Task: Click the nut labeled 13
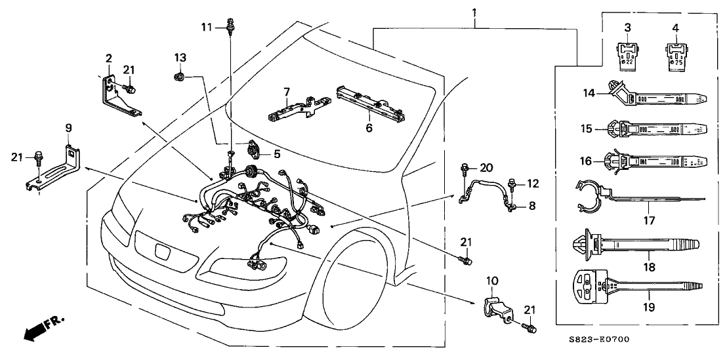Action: (178, 77)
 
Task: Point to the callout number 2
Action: (108, 59)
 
